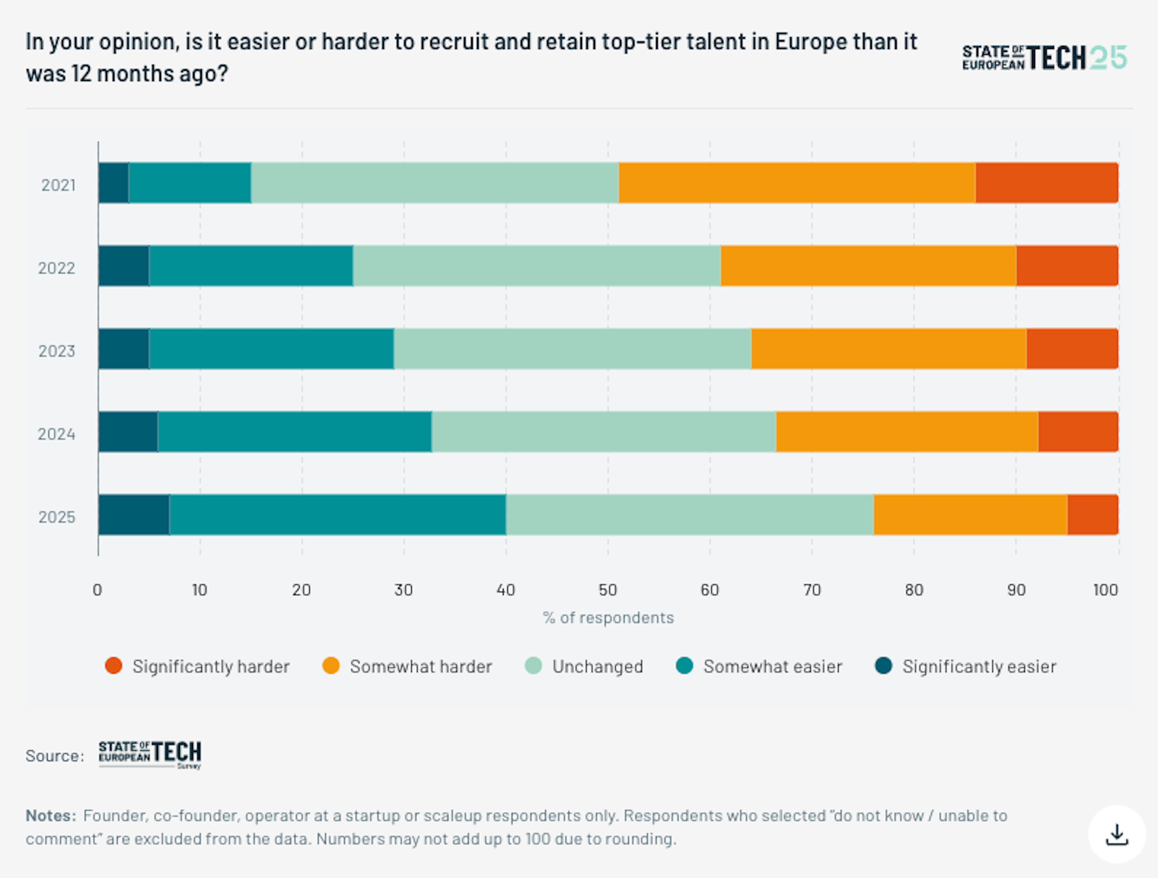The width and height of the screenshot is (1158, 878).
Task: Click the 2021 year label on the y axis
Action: click(59, 185)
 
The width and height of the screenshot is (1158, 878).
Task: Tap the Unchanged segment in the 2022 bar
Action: click(536, 266)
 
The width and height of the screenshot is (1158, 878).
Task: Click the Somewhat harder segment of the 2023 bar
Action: click(888, 348)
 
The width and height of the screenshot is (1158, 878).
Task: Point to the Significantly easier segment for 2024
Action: click(128, 432)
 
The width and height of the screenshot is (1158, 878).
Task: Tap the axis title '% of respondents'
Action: click(608, 618)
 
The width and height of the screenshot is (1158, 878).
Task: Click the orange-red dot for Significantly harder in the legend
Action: click(114, 666)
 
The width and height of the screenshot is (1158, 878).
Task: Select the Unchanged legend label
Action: click(597, 667)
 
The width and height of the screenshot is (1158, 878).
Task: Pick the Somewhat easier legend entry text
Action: click(773, 667)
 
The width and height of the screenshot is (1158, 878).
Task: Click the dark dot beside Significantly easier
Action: click(884, 666)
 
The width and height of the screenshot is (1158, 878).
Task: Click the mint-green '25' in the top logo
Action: click(1108, 58)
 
